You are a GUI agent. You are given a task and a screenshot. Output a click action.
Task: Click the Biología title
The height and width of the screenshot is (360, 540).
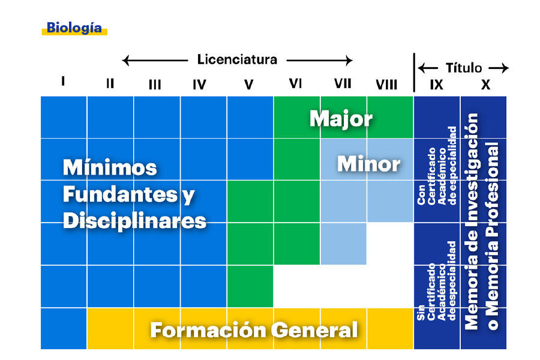click(x=74, y=28)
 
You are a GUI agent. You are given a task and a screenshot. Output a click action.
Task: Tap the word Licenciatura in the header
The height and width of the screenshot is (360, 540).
click(x=237, y=59)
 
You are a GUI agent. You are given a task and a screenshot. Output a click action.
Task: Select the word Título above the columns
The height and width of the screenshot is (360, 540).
click(x=464, y=68)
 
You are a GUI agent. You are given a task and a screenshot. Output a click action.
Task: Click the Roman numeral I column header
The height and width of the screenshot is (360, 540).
click(x=63, y=82)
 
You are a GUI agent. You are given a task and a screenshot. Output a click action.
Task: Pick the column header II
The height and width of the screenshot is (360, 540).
click(x=110, y=83)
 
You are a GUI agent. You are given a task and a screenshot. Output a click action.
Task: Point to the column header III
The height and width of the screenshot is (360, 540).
click(x=155, y=85)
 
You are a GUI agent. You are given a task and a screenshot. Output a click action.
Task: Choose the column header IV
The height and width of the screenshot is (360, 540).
click(x=200, y=85)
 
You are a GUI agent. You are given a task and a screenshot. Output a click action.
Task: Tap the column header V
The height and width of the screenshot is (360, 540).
click(x=249, y=85)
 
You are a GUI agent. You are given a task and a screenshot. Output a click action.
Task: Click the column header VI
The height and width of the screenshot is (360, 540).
click(x=295, y=83)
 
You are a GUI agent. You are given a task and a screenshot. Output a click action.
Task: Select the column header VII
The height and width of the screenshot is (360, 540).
click(x=343, y=83)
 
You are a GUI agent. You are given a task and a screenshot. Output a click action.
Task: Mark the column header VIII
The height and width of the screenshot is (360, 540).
click(x=386, y=85)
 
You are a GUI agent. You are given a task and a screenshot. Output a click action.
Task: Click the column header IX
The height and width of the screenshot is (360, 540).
click(x=437, y=85)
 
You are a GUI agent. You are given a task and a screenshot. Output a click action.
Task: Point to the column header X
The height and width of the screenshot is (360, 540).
click(x=485, y=85)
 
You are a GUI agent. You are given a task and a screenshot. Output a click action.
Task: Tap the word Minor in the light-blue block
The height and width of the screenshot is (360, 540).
click(x=368, y=164)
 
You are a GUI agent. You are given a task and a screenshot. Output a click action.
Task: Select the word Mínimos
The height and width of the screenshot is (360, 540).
click(x=110, y=167)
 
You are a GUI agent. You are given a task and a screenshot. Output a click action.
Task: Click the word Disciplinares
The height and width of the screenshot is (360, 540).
click(x=134, y=220)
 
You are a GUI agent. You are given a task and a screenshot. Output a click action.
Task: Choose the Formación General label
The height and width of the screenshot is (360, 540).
click(x=254, y=329)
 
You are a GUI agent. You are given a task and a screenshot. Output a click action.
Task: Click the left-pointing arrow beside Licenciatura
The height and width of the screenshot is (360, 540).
click(x=154, y=60)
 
